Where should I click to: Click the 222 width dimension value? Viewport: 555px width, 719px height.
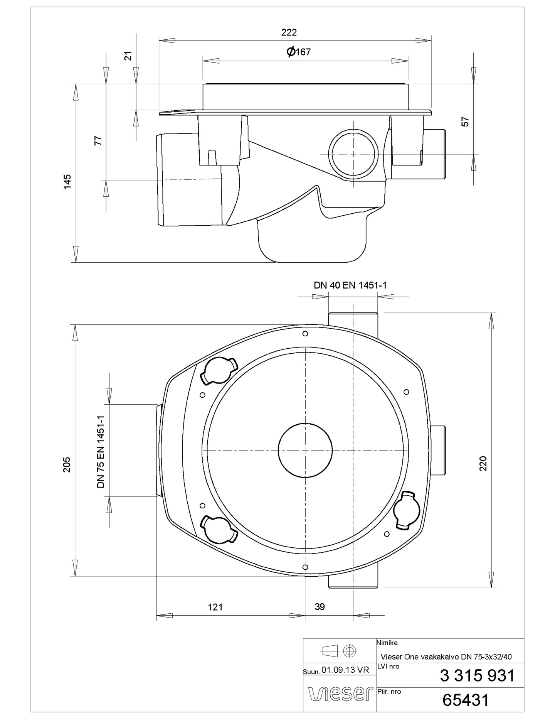point(289,32)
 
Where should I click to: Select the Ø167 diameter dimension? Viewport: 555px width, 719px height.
point(299,52)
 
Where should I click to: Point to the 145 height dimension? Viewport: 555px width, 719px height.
point(67,181)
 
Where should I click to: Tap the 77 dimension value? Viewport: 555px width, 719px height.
point(99,140)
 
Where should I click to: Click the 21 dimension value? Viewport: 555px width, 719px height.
point(128,56)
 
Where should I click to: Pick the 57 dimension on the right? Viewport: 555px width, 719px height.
point(466,122)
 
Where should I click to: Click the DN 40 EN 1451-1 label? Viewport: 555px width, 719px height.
point(350,285)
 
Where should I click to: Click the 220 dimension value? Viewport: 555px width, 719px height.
point(483,463)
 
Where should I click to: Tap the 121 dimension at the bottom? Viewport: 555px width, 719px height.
point(215,607)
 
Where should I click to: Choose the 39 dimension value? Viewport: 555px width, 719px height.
point(320,607)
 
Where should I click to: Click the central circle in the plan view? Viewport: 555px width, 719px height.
point(305,451)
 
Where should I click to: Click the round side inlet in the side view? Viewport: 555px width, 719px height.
point(353,154)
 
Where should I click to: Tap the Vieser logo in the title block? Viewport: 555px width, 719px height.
point(341,693)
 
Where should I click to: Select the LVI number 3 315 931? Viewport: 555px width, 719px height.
point(477,676)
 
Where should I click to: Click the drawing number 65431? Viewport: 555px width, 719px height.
point(466,700)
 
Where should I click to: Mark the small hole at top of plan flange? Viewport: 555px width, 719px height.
point(305,334)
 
